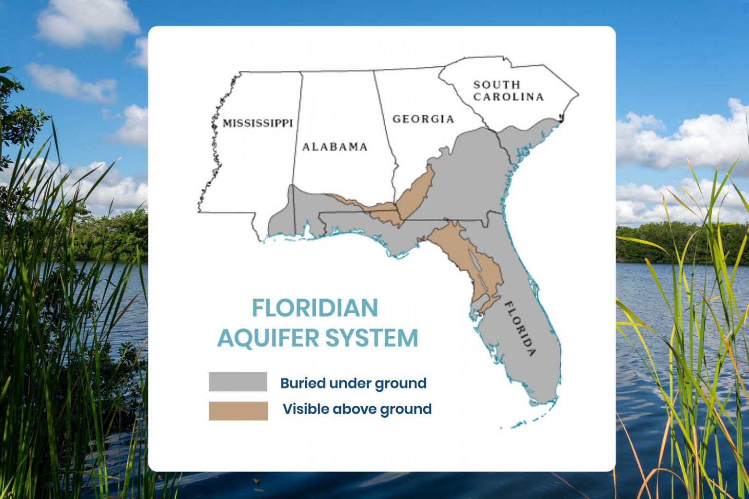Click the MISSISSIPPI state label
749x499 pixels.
[257, 123]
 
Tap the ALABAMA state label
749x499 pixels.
[335, 147]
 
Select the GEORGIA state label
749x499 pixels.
[423, 119]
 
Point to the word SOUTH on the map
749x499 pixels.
[496, 85]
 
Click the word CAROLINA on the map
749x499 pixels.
[508, 96]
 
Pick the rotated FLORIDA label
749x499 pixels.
[520, 329]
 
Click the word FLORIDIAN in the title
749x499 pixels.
[315, 308]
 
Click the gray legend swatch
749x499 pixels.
[238, 382]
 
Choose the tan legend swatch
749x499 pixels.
[238, 411]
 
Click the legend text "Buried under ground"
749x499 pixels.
[353, 383]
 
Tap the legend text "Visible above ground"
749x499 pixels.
[357, 409]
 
